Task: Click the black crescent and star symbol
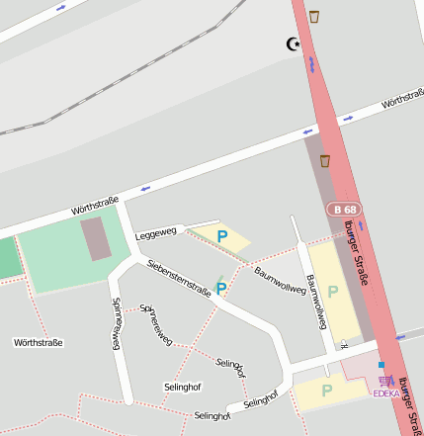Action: click(293, 44)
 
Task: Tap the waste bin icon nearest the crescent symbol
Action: click(314, 16)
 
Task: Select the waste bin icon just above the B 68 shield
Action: click(324, 160)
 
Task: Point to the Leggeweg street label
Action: click(155, 233)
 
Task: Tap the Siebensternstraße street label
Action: click(178, 278)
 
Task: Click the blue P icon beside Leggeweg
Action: click(222, 236)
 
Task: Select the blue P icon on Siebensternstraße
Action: click(221, 288)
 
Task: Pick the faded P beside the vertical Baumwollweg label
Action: click(333, 292)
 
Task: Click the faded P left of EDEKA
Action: click(326, 390)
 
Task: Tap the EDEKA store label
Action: click(386, 393)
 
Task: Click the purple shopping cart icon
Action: click(385, 381)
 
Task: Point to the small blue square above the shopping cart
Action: click(381, 365)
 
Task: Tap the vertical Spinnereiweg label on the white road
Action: click(116, 322)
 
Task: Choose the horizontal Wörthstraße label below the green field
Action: click(38, 343)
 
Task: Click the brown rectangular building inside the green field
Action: click(96, 239)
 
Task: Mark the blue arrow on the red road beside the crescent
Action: click(311, 65)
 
